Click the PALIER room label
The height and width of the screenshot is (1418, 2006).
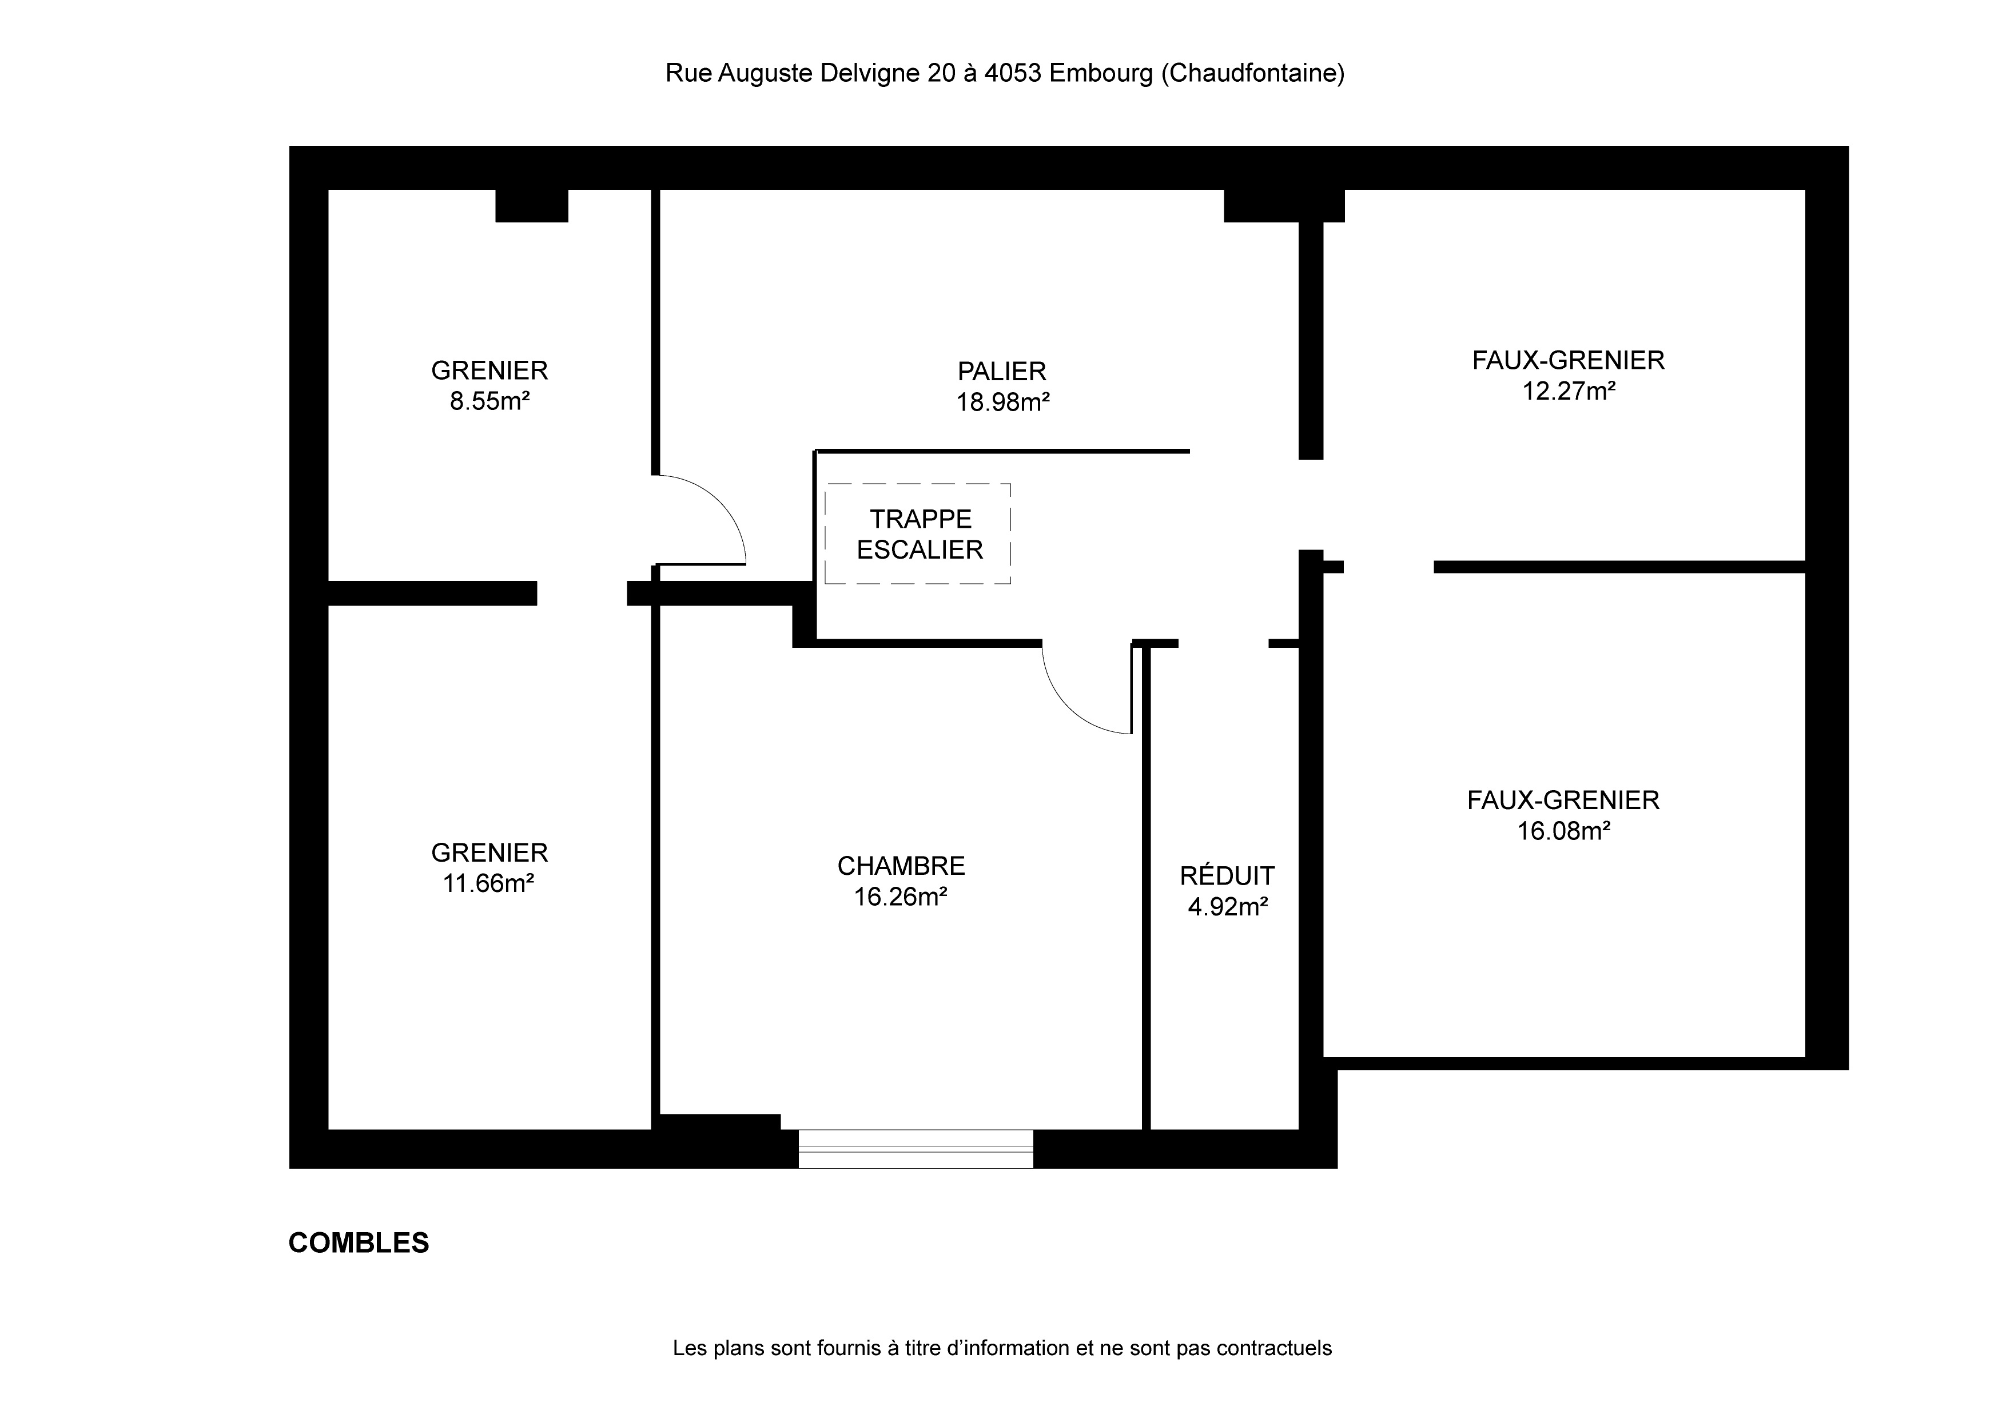click(1001, 371)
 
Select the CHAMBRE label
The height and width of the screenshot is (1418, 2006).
click(901, 866)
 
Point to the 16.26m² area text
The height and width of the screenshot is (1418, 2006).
click(901, 897)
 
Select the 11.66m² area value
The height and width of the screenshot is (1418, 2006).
click(488, 883)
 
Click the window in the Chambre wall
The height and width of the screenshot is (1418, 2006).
click(916, 1149)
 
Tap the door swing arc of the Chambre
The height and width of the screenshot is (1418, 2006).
click(1070, 708)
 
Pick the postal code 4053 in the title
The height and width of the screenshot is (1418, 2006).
click(1013, 73)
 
